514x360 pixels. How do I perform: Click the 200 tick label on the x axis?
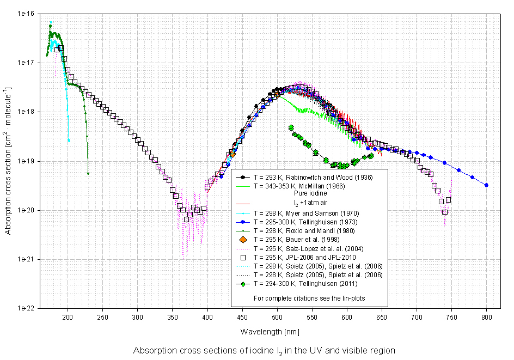coord(68,316)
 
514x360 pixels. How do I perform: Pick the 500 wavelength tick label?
coord(277,316)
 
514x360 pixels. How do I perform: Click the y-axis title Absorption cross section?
coord(8,161)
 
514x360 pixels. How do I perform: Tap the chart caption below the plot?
coord(264,350)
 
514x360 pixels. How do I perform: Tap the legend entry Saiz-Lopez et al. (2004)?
coord(313,248)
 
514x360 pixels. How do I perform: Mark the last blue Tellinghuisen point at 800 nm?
coord(486,185)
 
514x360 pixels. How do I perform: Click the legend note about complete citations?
coord(309,298)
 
